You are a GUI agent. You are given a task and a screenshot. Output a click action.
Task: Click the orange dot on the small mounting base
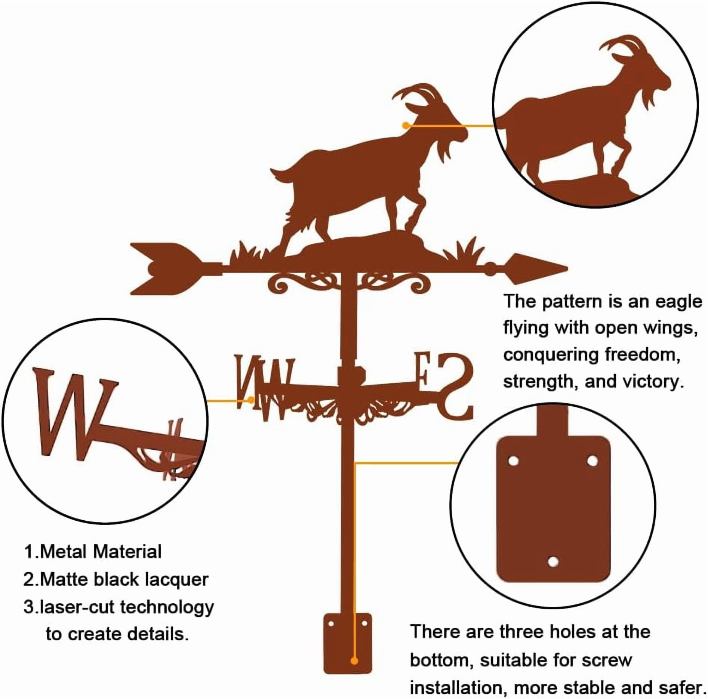pyautogui.click(x=354, y=661)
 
